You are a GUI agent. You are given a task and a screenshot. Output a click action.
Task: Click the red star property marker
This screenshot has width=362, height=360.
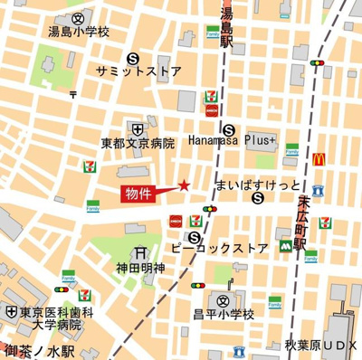click(184, 185)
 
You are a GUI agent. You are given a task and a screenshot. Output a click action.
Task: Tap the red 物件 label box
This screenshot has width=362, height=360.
click(139, 193)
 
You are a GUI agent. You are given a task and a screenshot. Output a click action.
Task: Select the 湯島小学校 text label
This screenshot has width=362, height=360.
click(80, 33)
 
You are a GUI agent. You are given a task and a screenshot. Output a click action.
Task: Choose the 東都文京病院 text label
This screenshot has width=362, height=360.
click(137, 143)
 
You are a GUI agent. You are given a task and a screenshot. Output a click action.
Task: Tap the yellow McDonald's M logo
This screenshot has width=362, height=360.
click(319, 159)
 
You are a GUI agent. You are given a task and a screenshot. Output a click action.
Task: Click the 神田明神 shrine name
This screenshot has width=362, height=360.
click(140, 269)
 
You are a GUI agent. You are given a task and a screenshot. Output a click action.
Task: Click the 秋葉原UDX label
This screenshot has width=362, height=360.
click(322, 346)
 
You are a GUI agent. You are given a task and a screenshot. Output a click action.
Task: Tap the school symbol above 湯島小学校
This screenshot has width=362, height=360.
click(80, 17)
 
